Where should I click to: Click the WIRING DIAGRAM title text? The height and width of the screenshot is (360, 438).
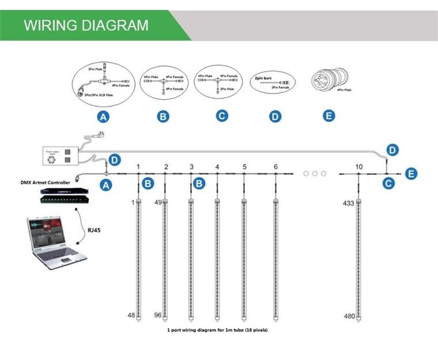(x=86, y=25)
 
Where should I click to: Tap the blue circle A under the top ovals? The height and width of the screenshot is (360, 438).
(x=104, y=117)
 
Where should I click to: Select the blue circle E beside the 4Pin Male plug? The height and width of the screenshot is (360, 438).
(x=328, y=116)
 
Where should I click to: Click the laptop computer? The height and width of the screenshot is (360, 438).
(x=55, y=242)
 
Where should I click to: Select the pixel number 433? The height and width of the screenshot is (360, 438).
(x=348, y=204)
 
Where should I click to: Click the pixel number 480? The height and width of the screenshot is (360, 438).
(x=348, y=316)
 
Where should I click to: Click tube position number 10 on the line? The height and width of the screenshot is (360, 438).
(x=359, y=167)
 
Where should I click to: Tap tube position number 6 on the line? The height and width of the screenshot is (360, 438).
(x=275, y=167)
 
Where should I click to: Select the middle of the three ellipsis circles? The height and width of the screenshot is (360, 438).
(x=315, y=173)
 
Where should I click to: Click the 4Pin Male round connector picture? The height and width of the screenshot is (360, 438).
(x=328, y=79)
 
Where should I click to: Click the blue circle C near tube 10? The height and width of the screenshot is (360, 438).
(x=390, y=183)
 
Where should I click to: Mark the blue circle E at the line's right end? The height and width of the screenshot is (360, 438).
(x=410, y=173)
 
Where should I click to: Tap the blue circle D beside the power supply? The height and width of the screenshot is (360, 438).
(x=115, y=159)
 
